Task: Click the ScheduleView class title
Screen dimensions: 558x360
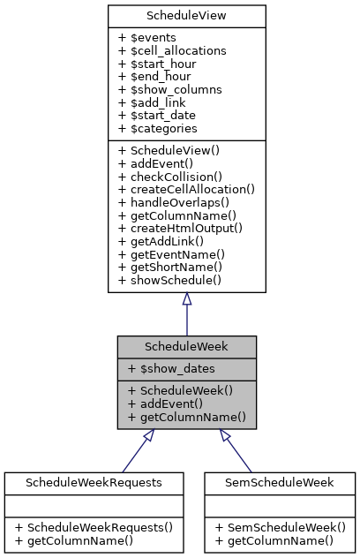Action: (x=186, y=16)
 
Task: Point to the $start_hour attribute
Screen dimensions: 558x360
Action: (x=158, y=64)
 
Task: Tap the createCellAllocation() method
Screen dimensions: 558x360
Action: (x=185, y=188)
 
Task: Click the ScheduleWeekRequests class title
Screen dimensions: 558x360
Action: (x=94, y=482)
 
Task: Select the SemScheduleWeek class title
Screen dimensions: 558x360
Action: (x=279, y=482)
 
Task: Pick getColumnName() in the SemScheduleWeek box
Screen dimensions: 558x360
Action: (x=274, y=539)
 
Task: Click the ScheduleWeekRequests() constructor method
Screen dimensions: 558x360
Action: (x=94, y=527)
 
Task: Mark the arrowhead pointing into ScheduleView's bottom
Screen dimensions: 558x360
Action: (x=186, y=300)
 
